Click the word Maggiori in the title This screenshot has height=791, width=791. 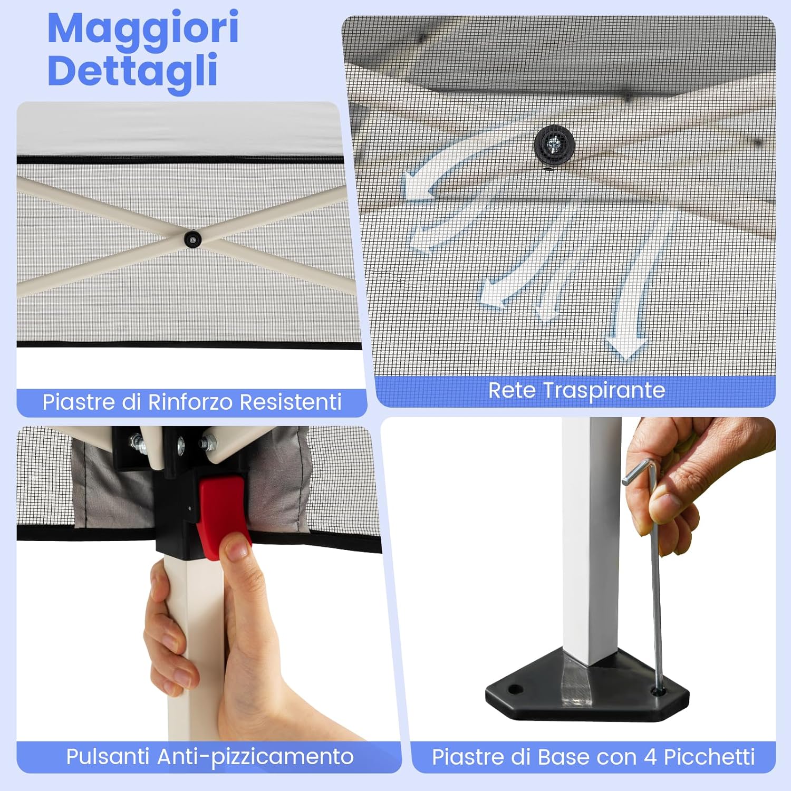pyautogui.click(x=143, y=29)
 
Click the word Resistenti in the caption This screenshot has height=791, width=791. pyautogui.click(x=291, y=402)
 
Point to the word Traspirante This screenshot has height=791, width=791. pyautogui.click(x=604, y=390)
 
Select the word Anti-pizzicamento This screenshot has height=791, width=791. pyautogui.click(x=255, y=757)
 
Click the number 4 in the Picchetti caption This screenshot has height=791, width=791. pyautogui.click(x=650, y=757)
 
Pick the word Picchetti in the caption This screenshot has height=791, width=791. pyautogui.click(x=709, y=757)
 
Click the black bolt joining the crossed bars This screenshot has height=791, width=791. pyautogui.click(x=193, y=239)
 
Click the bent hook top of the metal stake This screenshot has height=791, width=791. pyautogui.click(x=641, y=470)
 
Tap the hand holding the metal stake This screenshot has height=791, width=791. pyautogui.click(x=686, y=485)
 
